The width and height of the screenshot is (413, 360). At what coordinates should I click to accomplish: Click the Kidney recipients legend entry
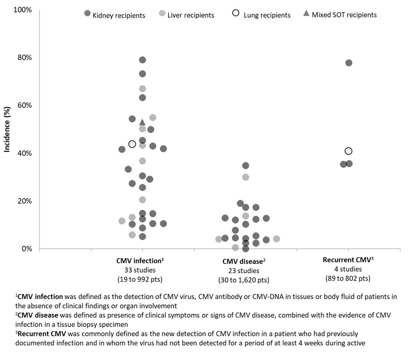[115, 15]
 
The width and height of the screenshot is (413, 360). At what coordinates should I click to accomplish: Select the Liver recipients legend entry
[187, 15]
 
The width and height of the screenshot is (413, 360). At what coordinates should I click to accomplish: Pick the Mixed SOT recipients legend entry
[340, 15]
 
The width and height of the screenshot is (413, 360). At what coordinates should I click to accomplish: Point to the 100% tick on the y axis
[23, 10]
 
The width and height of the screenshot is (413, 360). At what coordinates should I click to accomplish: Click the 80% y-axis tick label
[24, 57]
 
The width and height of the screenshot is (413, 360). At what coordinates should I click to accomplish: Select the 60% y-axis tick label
[24, 105]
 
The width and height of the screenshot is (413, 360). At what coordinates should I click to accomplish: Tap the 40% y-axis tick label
[24, 153]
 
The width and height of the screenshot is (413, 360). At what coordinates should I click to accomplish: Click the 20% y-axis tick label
[24, 201]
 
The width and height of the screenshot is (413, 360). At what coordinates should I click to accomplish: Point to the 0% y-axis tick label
[26, 249]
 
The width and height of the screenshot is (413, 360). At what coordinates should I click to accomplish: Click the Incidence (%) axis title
[7, 129]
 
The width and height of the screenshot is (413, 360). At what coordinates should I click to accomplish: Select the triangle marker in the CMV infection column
[142, 122]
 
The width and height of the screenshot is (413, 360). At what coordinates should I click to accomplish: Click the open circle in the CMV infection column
[132, 144]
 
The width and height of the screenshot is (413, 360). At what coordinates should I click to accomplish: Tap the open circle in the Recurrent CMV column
[349, 151]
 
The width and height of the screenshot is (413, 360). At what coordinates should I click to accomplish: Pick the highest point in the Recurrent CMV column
[349, 63]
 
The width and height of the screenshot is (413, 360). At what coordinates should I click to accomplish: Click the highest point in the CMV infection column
[142, 60]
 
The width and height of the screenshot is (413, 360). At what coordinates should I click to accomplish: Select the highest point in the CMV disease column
[246, 166]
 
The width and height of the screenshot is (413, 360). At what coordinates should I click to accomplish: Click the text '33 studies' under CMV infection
[143, 270]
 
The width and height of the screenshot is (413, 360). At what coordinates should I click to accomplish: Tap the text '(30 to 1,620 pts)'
[244, 280]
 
